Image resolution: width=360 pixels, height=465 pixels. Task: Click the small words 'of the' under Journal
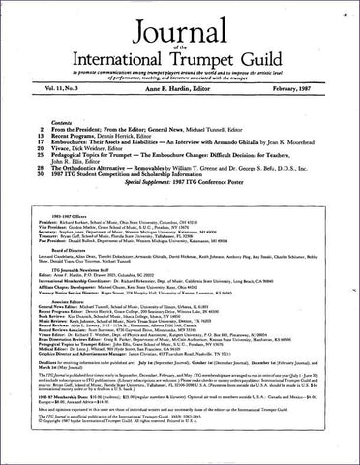[179, 42]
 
